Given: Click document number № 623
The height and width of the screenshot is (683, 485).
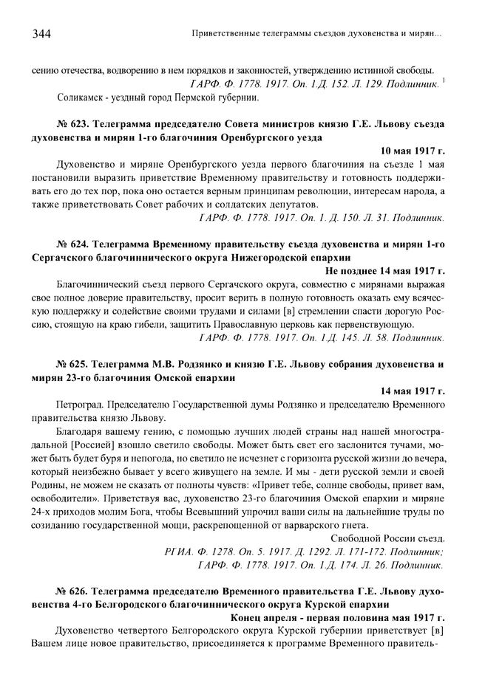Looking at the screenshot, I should tap(72, 123).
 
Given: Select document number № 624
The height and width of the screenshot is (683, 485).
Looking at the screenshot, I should tap(72, 244).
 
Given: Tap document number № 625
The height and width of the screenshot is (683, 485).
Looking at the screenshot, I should tap(72, 364).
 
